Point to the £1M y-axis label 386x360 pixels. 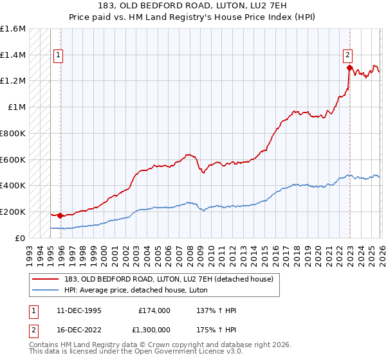pos(17,107)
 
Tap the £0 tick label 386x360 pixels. pos(21,238)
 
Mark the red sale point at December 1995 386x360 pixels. pos(60,215)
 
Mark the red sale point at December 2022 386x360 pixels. pos(349,67)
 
